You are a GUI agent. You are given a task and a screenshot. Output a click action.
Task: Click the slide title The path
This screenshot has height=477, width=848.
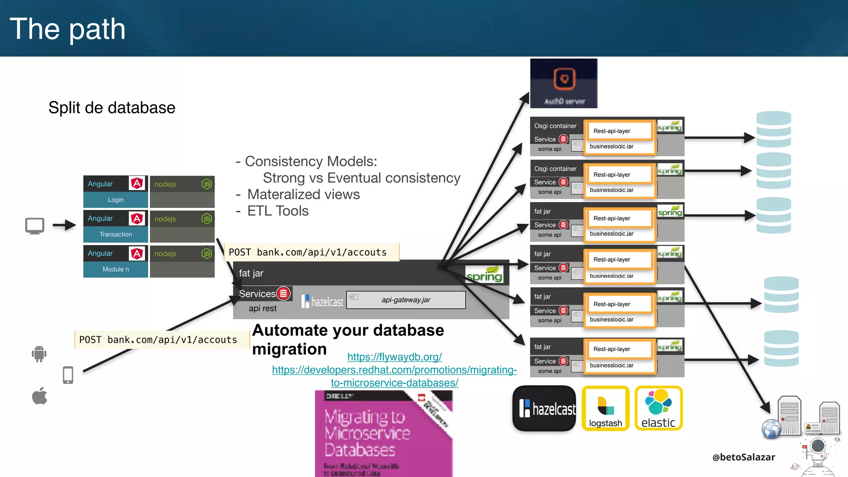pos(67,29)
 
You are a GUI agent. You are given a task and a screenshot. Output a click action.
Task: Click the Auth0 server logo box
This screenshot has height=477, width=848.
pos(564,83)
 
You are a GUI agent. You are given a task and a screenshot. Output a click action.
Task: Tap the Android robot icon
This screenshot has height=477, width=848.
pos(39,354)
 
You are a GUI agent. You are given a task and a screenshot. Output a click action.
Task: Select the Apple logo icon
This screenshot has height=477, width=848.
pos(40,396)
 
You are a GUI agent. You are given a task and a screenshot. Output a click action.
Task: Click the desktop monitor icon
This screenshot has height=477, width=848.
pos(35,226)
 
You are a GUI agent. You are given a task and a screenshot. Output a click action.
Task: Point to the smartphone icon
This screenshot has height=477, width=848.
pos(68,375)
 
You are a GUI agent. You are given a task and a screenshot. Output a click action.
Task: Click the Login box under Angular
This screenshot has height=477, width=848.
pos(116,200)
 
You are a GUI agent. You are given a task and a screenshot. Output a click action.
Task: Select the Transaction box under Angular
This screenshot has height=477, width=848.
pos(116,234)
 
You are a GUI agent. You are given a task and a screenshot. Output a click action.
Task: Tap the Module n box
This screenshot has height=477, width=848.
pos(116,269)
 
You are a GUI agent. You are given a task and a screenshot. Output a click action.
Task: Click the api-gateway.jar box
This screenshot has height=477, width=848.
pos(406,300)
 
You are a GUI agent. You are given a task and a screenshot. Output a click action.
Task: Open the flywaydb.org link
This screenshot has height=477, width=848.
pos(394,357)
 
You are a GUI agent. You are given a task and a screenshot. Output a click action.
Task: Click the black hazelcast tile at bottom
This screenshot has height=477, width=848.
pos(544,409)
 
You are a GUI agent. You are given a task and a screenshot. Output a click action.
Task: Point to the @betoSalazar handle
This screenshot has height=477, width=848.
pos(744,457)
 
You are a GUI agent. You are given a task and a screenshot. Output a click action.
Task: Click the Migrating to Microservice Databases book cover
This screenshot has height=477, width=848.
pos(383,433)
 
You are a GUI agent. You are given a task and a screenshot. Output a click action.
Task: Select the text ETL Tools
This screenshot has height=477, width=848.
pos(278,211)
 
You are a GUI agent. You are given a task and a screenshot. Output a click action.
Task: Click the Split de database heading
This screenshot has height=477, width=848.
pos(112,108)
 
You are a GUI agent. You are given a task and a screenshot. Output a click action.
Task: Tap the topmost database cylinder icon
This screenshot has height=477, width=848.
pos(773,129)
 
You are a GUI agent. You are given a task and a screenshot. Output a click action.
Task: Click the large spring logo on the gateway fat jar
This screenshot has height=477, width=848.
pos(484,275)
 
